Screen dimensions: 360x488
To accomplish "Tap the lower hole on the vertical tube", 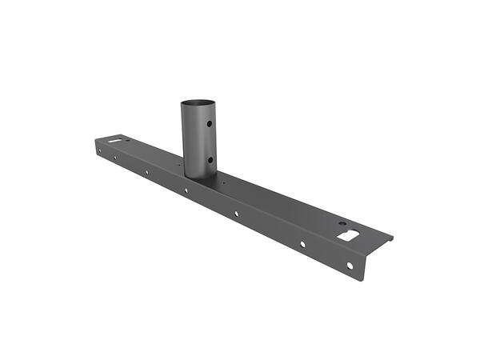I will pos(210,158).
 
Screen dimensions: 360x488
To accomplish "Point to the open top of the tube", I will pos(198,102).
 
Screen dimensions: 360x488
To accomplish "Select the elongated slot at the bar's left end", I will pos(119,142).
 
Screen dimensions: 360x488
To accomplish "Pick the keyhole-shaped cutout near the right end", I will pos(349,235).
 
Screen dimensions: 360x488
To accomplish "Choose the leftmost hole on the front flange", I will pos(99,148).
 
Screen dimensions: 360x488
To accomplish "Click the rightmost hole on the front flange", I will pos(350,265).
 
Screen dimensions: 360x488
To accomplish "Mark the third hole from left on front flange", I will pos(146,171).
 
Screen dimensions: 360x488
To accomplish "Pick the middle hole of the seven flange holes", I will pos(186,190).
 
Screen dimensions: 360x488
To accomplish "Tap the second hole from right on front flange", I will pos(302,243).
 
